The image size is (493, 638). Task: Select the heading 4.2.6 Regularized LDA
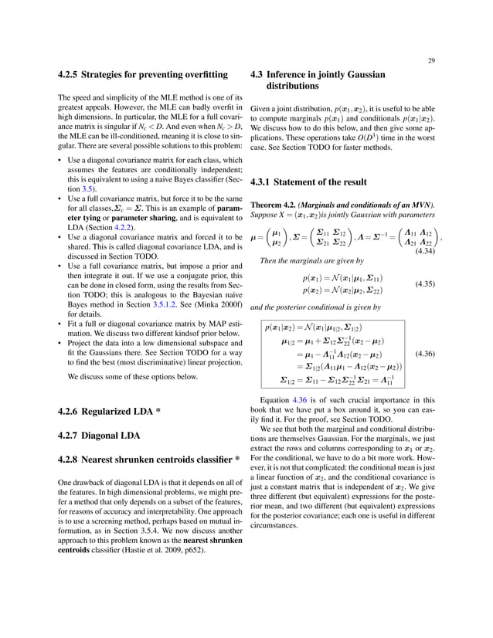[110, 411]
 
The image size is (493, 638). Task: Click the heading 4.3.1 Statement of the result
[310, 184]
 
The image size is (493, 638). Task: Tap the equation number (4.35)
[423, 284]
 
